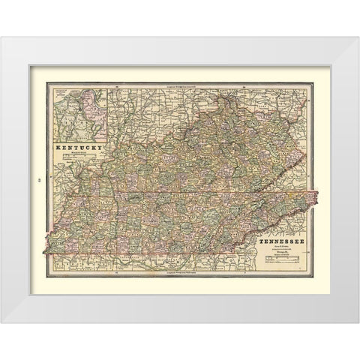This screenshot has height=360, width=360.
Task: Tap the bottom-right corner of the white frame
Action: point(358,322)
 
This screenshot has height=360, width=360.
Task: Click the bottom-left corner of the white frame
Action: point(1,322)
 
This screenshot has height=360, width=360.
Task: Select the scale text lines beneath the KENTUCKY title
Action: point(79,158)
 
